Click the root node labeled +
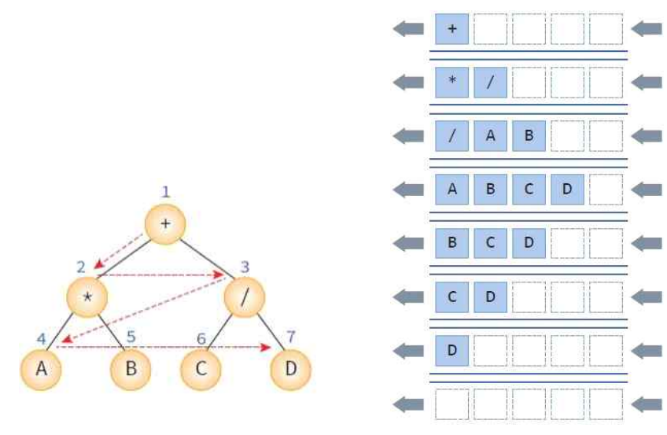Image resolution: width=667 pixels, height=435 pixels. click(x=165, y=223)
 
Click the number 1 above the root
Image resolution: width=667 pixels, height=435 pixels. click(x=165, y=191)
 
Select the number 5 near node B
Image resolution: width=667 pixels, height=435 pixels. click(x=131, y=337)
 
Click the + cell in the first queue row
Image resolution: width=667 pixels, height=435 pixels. click(x=451, y=29)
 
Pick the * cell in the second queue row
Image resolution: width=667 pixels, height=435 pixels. click(x=451, y=83)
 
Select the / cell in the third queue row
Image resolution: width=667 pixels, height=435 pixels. click(x=451, y=135)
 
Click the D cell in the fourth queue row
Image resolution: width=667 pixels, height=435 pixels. click(x=567, y=189)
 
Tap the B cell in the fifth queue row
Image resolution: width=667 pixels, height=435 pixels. click(x=451, y=242)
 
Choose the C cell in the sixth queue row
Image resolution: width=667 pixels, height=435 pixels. click(x=451, y=296)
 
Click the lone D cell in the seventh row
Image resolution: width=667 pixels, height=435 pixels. click(x=451, y=349)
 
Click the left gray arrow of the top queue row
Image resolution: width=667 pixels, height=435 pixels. click(x=408, y=29)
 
